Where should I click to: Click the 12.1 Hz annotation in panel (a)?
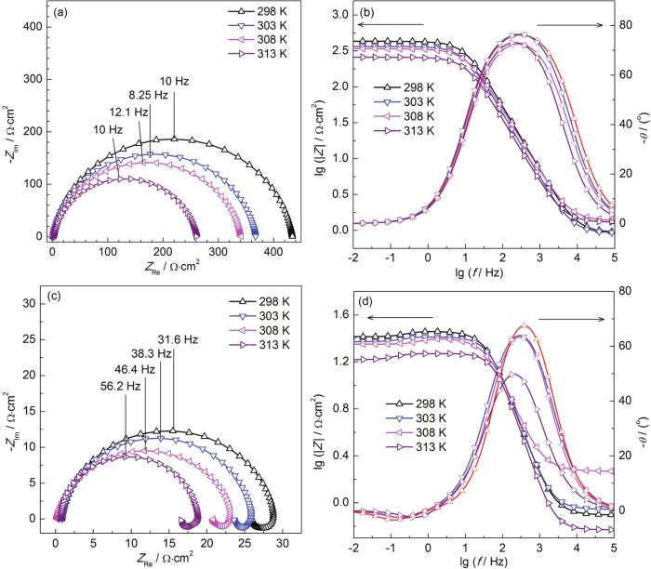(129, 111)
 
